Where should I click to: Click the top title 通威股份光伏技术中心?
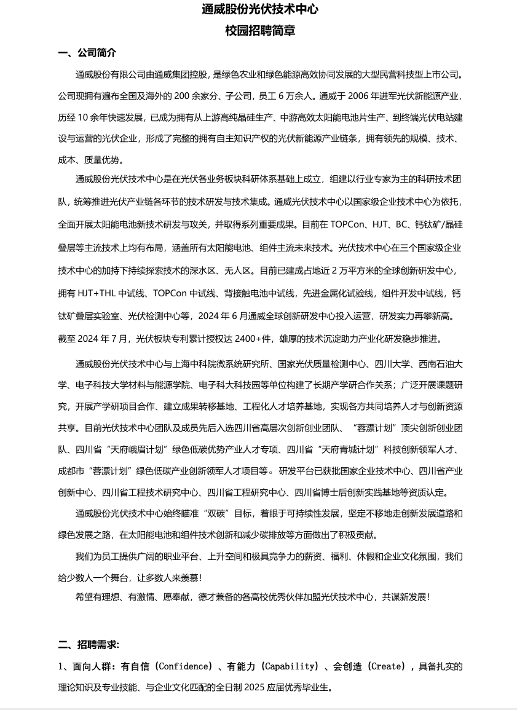259,9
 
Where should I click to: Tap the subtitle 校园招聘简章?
259,31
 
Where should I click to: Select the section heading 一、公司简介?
87,53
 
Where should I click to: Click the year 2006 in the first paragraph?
360,96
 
